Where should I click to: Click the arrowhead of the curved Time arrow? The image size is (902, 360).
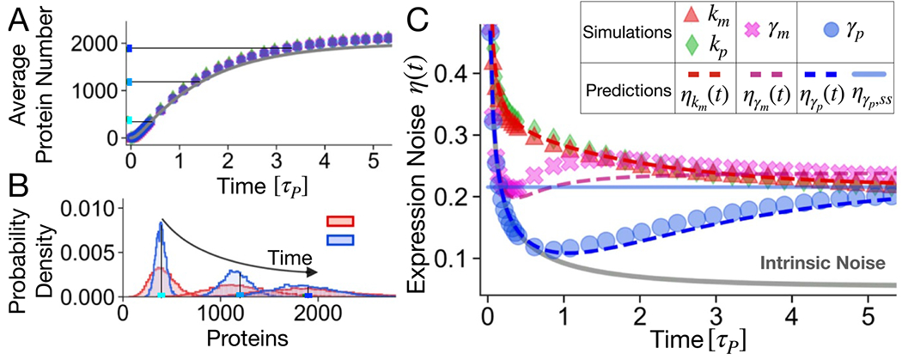point(316,273)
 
